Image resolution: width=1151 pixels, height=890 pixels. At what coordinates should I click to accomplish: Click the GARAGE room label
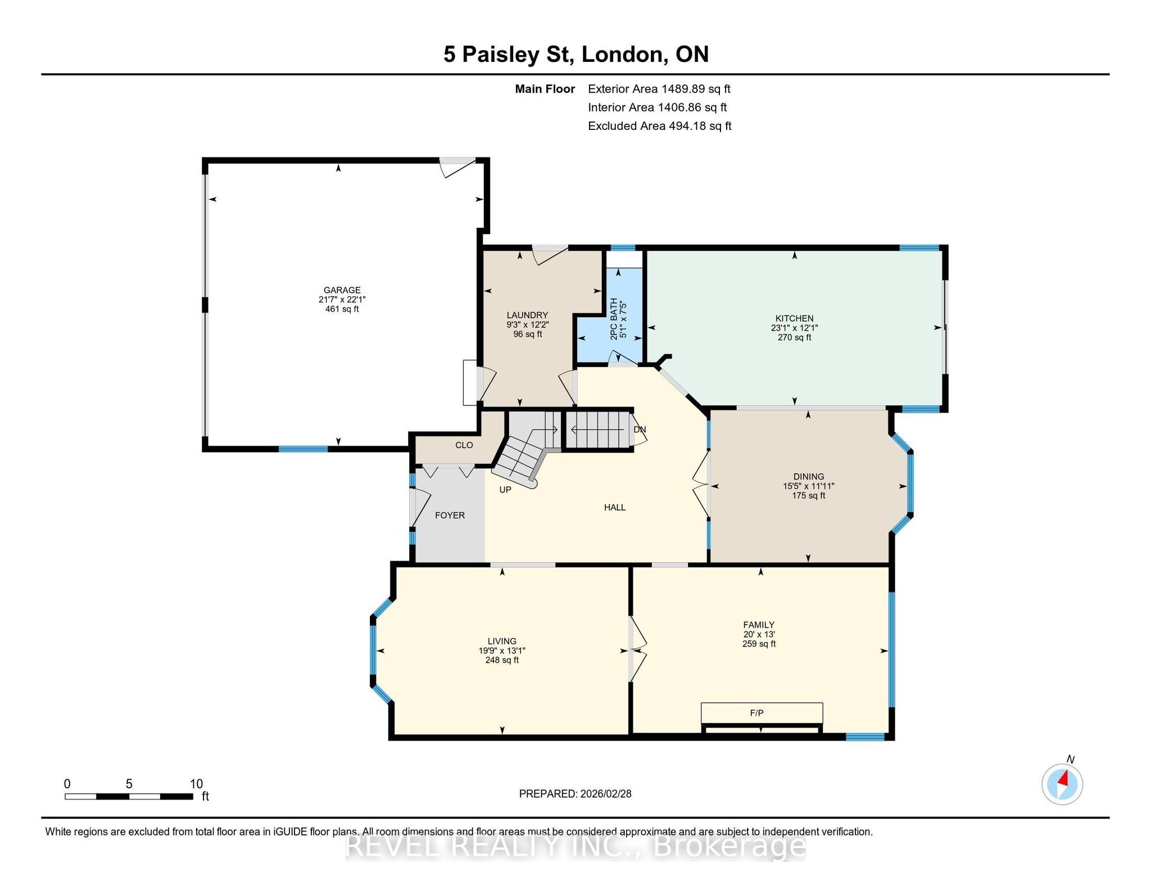pos(342,290)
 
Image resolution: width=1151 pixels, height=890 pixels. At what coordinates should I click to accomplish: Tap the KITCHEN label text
pos(794,318)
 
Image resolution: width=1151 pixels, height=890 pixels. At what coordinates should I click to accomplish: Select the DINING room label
pos(809,476)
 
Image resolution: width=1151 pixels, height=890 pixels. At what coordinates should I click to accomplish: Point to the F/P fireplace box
pos(762,713)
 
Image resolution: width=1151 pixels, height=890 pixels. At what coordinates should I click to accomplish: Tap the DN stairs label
pos(640,430)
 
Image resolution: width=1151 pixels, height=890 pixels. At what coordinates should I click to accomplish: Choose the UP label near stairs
pos(505,490)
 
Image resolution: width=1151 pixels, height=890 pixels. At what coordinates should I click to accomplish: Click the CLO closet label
pos(464,445)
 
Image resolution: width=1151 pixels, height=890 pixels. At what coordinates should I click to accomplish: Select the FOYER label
pos(450,515)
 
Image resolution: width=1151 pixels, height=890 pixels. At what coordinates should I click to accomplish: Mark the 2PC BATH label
pos(614,319)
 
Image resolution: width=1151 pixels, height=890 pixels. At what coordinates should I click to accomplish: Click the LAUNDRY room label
pos(527,315)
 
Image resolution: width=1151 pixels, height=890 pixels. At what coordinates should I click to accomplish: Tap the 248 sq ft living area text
pos(502,660)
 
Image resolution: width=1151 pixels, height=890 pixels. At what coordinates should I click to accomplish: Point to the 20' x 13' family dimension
pos(759,634)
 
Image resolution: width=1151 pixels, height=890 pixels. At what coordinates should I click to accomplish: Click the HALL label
pos(615,507)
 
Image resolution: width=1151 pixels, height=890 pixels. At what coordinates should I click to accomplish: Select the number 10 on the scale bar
pos(196,784)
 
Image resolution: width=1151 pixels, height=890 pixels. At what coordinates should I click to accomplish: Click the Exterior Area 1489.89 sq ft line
pos(659,89)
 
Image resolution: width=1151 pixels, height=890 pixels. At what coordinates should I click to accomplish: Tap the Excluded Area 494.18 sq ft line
pos(659,126)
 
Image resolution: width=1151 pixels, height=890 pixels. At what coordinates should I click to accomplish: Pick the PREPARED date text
pos(575,794)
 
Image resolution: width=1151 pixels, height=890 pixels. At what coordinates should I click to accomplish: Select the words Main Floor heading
pos(545,89)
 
